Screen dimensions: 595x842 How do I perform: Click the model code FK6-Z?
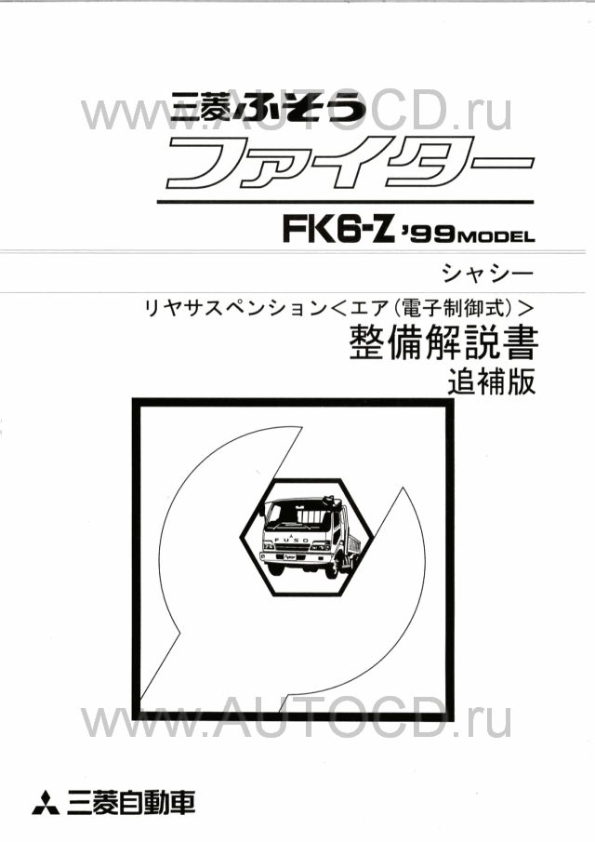(x=339, y=230)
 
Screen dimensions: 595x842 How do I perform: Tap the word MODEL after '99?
(x=497, y=236)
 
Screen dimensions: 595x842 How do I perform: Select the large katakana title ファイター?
(x=350, y=162)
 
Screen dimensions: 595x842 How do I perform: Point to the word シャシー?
(x=488, y=274)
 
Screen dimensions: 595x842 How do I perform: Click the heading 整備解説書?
(x=443, y=343)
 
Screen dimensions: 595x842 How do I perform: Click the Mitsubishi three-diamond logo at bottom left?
(x=47, y=802)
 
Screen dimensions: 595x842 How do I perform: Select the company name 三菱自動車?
(x=131, y=802)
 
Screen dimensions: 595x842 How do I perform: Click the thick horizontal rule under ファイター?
(x=346, y=202)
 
